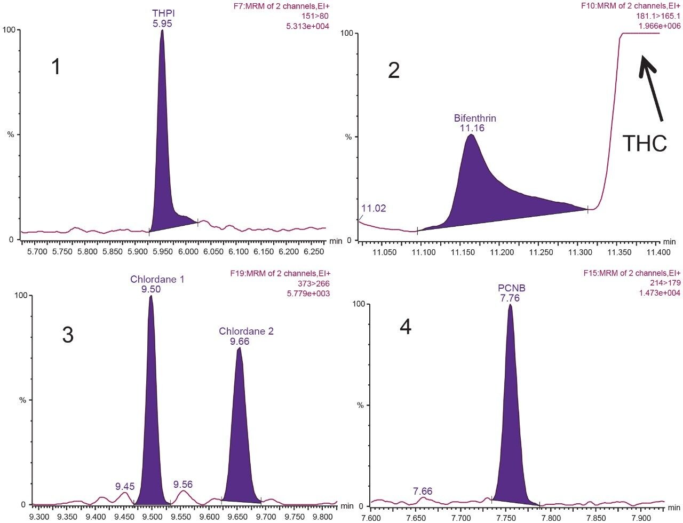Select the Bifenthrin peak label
pyautogui.click(x=471, y=118)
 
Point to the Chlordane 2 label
pyautogui.click(x=246, y=331)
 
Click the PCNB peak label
pyautogui.click(x=509, y=288)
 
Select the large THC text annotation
pyautogui.click(x=645, y=144)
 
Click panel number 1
pyautogui.click(x=55, y=68)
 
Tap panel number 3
pyautogui.click(x=67, y=335)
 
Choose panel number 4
pyautogui.click(x=406, y=327)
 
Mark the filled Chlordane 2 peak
pyautogui.click(x=240, y=427)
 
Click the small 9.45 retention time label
pyautogui.click(x=125, y=486)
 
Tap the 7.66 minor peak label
pyautogui.click(x=423, y=490)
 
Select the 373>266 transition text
pyautogui.click(x=313, y=283)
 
